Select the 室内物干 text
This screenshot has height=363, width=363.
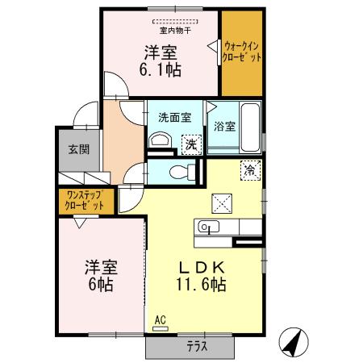(175, 31)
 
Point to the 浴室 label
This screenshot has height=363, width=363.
(224, 127)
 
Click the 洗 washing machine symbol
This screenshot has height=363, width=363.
(191, 144)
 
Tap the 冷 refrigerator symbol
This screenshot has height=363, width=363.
(252, 170)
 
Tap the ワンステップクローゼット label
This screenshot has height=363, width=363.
(85, 200)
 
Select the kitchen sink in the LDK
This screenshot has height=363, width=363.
(207, 227)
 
